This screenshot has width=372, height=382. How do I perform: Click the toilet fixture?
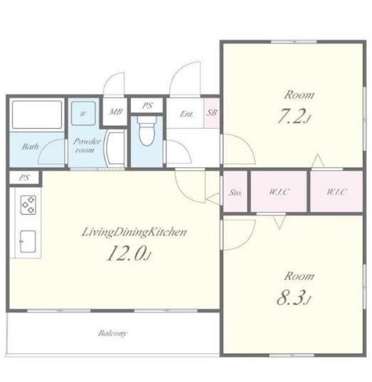[147, 131]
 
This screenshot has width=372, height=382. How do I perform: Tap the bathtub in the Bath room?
[37, 115]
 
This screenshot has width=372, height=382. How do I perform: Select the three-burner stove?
[28, 205]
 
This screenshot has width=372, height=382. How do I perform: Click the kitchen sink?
[28, 241]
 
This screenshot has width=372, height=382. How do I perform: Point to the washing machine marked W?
[83, 113]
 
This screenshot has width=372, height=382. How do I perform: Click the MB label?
[115, 112]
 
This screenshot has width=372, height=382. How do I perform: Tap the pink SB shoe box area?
[211, 113]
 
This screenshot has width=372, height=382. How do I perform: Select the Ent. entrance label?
[186, 114]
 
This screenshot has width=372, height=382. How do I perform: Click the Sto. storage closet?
[235, 191]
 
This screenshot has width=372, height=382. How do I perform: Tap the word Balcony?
[113, 333]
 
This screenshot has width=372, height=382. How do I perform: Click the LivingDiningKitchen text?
[134, 232]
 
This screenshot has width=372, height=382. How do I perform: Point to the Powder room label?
[87, 145]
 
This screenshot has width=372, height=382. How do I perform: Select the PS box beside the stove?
[24, 178]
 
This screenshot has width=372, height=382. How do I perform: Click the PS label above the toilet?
[147, 106]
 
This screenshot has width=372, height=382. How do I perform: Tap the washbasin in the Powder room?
[115, 149]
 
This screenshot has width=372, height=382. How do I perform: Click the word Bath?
[30, 147]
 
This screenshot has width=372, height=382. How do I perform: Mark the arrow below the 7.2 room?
[318, 160]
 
